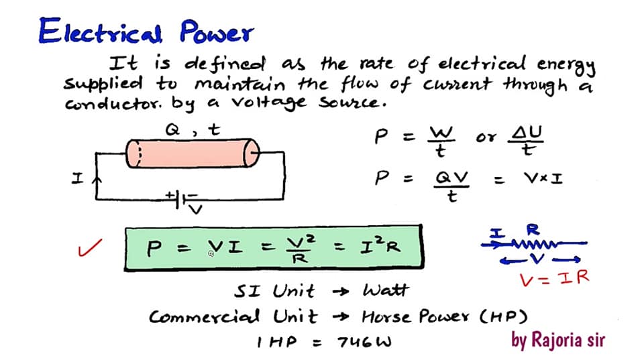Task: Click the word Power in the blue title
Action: (x=217, y=32)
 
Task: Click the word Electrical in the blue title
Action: (x=100, y=31)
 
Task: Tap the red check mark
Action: (x=89, y=247)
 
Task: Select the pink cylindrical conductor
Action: (x=193, y=153)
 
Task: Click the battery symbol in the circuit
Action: (x=180, y=200)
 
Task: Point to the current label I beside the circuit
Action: (x=77, y=178)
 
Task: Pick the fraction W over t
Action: (x=441, y=141)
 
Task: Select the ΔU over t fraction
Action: (x=526, y=140)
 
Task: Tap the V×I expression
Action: (x=543, y=178)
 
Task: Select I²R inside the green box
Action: (x=380, y=246)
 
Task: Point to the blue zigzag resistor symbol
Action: (x=534, y=245)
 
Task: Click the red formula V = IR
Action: (x=554, y=279)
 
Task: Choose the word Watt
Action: (x=386, y=290)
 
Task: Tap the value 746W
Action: (x=364, y=342)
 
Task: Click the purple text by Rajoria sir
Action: (x=557, y=341)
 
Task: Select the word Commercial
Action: (x=204, y=316)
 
